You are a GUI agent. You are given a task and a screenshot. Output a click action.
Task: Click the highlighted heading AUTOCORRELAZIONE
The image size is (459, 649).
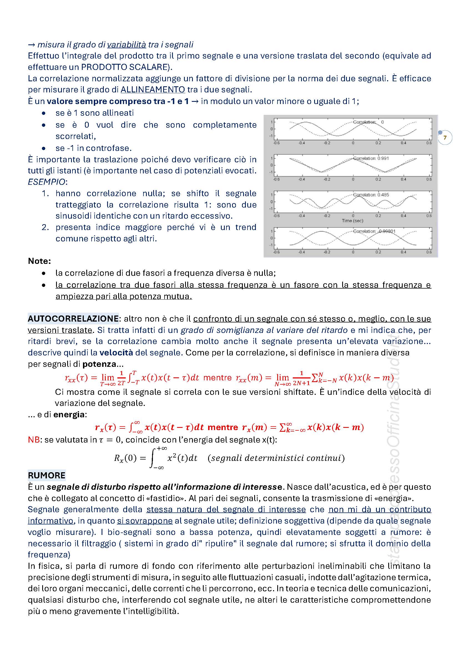(x=73, y=319)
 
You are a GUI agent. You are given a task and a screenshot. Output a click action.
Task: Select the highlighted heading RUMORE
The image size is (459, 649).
(x=47, y=475)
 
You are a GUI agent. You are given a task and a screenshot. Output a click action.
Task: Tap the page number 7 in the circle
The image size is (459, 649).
(x=445, y=138)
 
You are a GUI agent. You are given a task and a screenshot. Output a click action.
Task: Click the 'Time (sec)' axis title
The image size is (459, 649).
(x=352, y=221)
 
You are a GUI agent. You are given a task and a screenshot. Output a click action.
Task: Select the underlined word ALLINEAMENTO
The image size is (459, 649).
(x=153, y=90)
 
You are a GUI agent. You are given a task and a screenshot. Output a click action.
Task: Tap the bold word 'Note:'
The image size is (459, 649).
(x=39, y=261)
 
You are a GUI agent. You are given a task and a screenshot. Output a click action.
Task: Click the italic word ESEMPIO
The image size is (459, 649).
(x=47, y=182)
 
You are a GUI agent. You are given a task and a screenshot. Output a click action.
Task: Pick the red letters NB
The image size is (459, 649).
(x=34, y=440)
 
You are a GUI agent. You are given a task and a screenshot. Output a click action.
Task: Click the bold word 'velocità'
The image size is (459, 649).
(x=116, y=352)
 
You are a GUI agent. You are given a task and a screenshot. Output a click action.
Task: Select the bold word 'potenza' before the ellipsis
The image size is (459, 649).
(x=99, y=364)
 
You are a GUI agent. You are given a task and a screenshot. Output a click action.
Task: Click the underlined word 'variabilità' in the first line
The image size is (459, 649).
(x=126, y=45)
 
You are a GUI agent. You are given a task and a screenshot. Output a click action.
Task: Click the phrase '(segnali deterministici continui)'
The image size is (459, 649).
(x=276, y=458)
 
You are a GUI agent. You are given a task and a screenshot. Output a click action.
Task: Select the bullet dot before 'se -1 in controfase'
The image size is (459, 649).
(x=44, y=148)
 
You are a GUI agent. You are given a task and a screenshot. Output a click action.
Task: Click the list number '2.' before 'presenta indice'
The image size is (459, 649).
(x=45, y=227)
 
